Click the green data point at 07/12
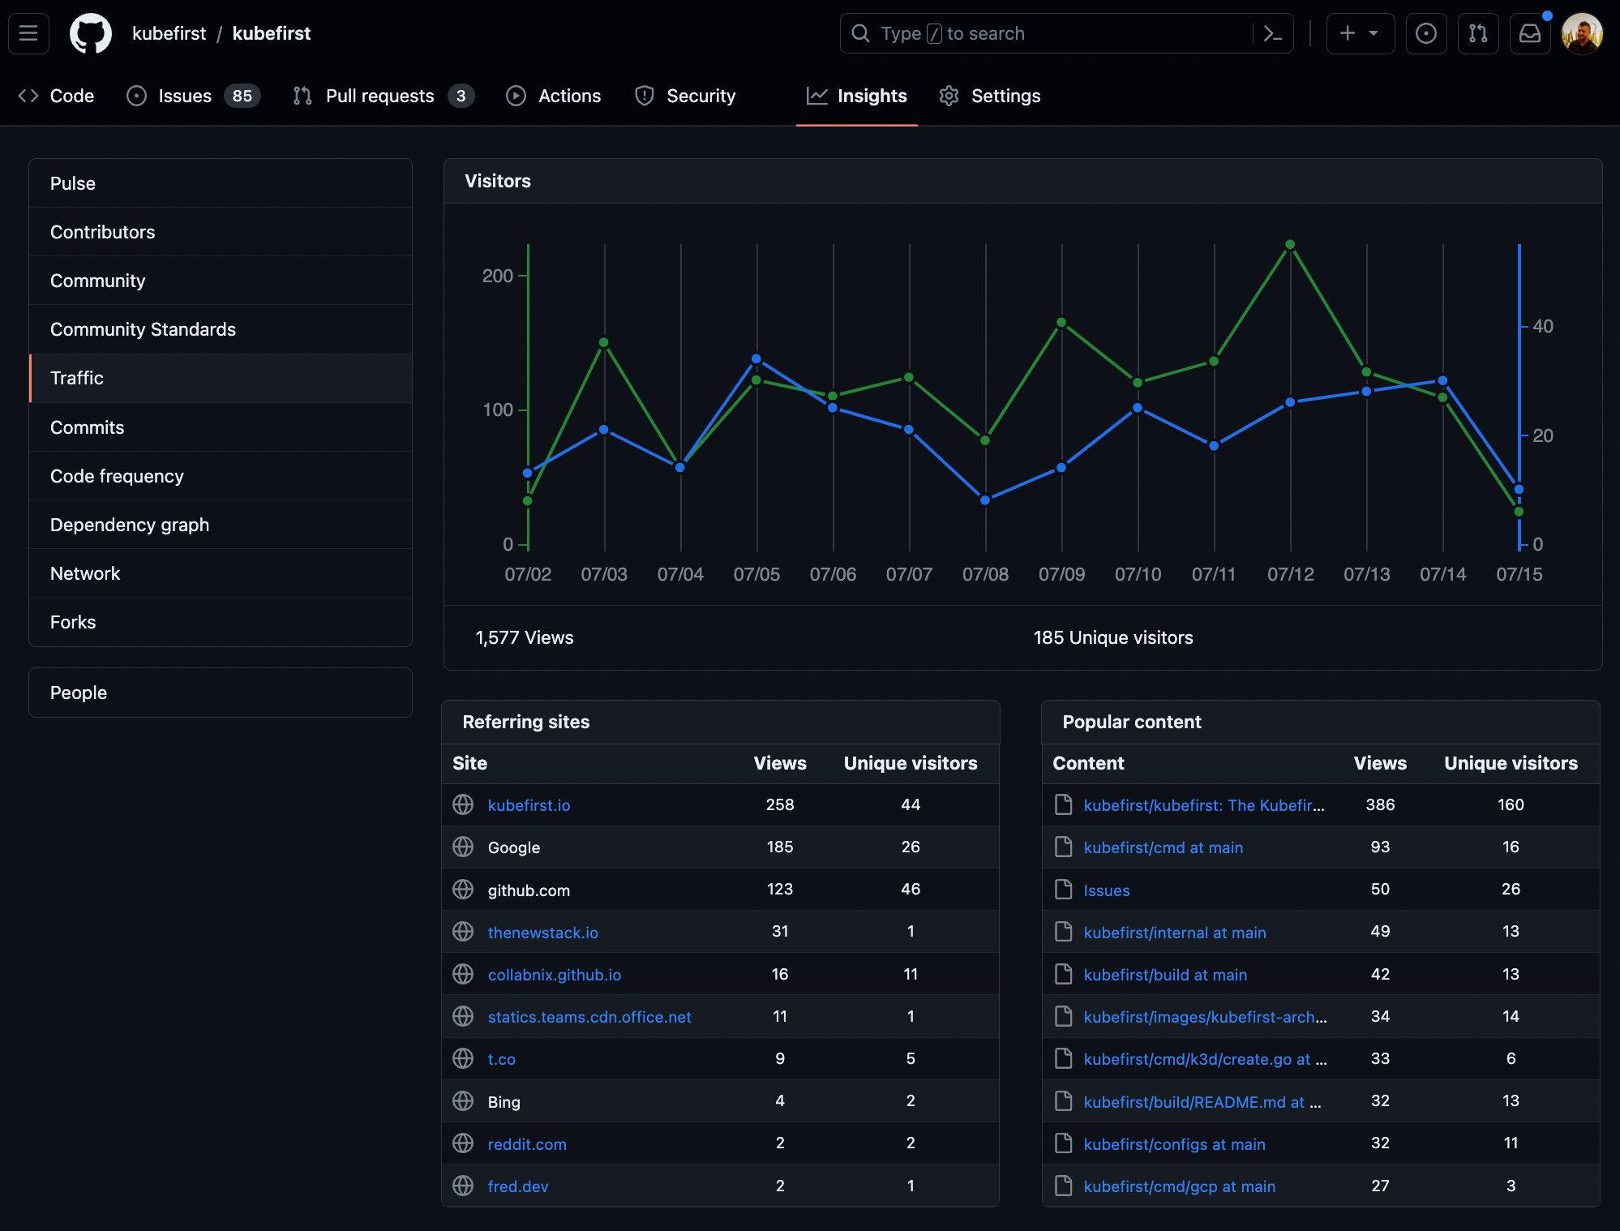[x=1290, y=245]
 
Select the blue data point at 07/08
[x=985, y=500]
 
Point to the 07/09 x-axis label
[x=1061, y=574]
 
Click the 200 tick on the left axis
[x=498, y=276]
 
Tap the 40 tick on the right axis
[x=1543, y=326]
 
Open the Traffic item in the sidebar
[x=77, y=378]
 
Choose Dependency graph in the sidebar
[x=130, y=525]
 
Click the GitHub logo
[x=91, y=33]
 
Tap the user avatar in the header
[x=1582, y=33]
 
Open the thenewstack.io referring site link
[x=543, y=933]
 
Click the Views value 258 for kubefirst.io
[x=780, y=804]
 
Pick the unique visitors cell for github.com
[x=911, y=890]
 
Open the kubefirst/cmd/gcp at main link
[x=1180, y=1186]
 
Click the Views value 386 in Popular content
[x=1380, y=804]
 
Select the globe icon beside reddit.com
[x=463, y=1143]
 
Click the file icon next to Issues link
[x=1063, y=890]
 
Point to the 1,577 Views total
[x=525, y=638]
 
